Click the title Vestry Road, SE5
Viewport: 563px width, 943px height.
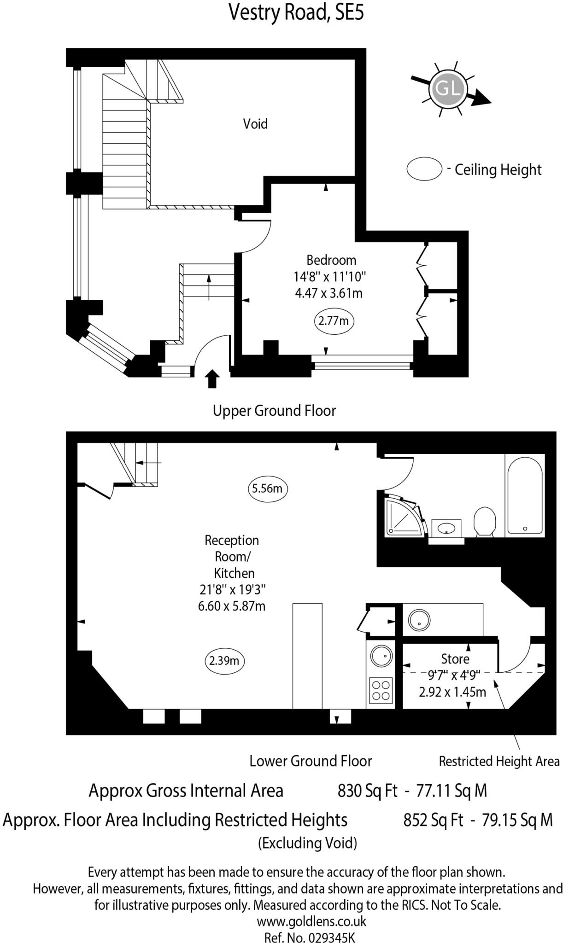[x=296, y=12]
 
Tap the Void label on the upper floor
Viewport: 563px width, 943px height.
[x=255, y=123]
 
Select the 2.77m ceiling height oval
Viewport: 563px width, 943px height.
[x=334, y=320]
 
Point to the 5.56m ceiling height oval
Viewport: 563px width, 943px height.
[x=267, y=488]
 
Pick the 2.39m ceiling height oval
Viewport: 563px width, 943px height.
[x=224, y=661]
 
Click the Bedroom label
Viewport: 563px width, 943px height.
[x=331, y=260]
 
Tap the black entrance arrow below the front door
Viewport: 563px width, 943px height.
[x=212, y=378]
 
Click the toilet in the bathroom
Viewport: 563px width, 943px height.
[x=484, y=521]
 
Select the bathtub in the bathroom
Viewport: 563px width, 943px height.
[x=524, y=495]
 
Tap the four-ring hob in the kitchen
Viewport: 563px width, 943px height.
[x=381, y=691]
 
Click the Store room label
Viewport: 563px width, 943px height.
[x=455, y=659]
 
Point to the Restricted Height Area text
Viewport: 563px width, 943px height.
[x=499, y=761]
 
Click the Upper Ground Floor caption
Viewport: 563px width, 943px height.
[x=274, y=410]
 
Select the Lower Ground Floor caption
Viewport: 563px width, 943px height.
[x=311, y=761]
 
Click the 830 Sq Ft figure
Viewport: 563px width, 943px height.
[x=367, y=791]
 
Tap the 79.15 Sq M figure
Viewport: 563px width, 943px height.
[x=516, y=820]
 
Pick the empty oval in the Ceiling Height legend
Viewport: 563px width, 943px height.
[x=424, y=169]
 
